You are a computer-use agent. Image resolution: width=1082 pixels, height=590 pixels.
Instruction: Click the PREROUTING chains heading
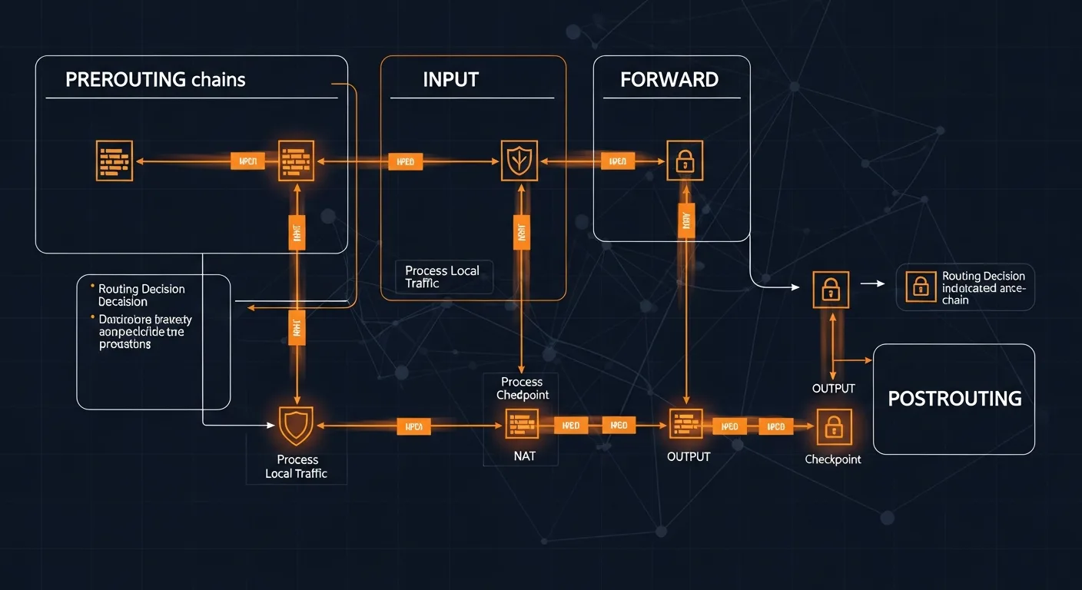155,79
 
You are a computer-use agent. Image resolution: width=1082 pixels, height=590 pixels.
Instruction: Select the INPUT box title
450,79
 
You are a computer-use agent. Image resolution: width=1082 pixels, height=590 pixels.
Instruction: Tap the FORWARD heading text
669,79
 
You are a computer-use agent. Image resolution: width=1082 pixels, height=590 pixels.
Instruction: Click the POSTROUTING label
954,399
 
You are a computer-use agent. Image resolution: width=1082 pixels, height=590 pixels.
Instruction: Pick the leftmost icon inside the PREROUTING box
114,161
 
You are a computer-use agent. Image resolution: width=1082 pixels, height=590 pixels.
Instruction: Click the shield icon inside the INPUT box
519,161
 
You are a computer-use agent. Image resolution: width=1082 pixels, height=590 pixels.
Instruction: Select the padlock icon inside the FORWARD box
684,161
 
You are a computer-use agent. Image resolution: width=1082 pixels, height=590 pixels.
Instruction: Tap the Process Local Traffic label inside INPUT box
442,277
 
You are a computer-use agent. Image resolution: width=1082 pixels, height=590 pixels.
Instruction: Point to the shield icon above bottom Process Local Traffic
296,425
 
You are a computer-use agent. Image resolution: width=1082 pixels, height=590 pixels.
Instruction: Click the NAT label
524,456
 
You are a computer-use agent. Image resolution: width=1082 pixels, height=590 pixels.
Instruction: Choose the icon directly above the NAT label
522,425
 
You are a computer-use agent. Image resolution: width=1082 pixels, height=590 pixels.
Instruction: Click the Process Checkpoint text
522,389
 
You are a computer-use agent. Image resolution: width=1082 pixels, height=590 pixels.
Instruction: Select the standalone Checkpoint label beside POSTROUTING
832,459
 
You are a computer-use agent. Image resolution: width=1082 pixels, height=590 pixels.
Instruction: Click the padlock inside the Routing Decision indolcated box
920,288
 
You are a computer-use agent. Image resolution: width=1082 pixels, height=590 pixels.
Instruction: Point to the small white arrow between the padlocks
872,283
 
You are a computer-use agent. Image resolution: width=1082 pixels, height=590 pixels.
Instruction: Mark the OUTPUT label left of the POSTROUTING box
833,389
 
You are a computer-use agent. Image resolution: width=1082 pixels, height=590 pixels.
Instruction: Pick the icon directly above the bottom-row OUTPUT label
685,425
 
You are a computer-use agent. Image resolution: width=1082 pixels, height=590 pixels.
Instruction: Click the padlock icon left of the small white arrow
831,290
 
